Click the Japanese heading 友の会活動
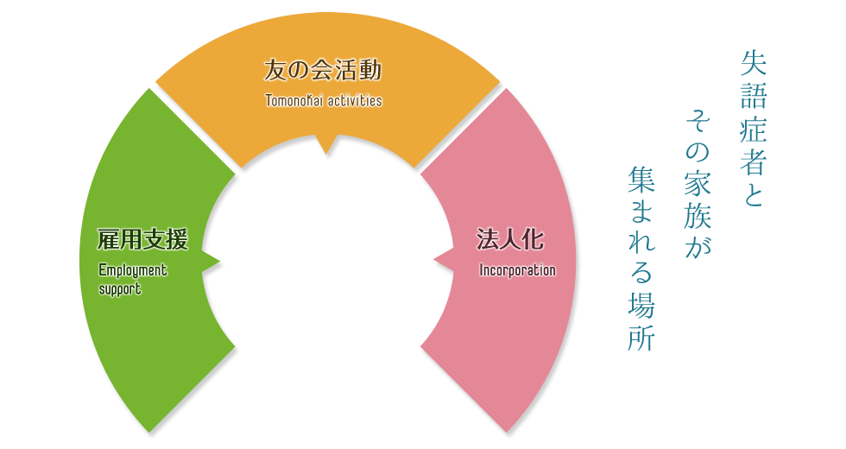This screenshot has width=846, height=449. tap(322, 71)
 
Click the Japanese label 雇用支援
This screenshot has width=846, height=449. tap(142, 239)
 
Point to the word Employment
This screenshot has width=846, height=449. tap(133, 270)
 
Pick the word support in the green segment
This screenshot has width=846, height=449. tap(120, 289)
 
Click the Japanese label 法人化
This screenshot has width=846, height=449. tap(510, 239)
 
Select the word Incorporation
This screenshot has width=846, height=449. tap(517, 270)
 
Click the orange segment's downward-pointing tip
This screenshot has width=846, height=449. tap(325, 151)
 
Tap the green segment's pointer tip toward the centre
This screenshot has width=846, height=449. tap(218, 261)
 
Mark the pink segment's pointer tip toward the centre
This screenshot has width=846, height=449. tap(434, 256)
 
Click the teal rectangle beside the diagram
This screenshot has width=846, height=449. tap(698, 182)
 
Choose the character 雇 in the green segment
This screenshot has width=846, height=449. tap(109, 239)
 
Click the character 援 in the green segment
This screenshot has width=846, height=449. tap(177, 239)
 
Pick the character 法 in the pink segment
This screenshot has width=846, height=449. tap(488, 239)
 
